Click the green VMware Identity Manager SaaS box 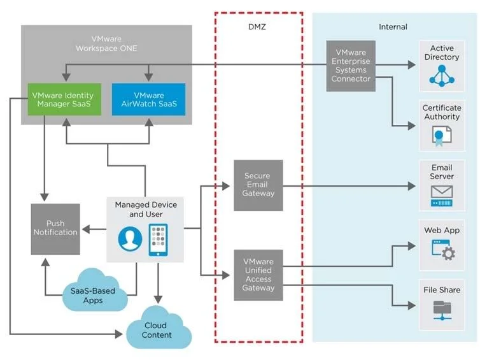64,99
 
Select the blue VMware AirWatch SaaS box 149,99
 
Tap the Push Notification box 55,229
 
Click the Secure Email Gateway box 258,185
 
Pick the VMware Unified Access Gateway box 258,275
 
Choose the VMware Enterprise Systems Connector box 351,66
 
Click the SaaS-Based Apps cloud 94,291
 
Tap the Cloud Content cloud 159,328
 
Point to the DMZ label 257,27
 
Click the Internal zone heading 393,27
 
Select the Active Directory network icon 442,76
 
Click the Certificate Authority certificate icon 442,136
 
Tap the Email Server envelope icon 442,196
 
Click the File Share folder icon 442,310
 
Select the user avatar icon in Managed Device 130,239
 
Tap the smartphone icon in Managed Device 158,240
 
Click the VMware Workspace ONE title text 106,43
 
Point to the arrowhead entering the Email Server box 412,186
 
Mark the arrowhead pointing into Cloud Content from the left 119,335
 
